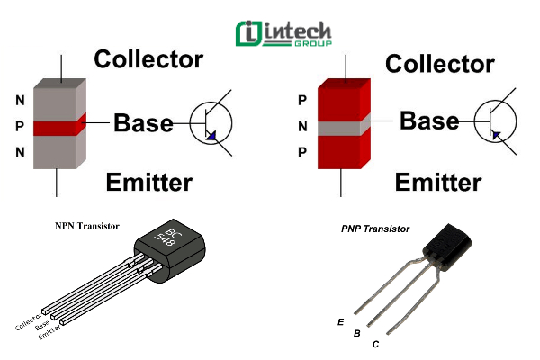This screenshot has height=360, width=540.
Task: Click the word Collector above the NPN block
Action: (148, 60)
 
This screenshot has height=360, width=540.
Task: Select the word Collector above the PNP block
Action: (439, 64)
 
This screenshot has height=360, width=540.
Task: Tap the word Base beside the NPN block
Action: (143, 123)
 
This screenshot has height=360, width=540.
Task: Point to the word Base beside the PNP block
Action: (429, 120)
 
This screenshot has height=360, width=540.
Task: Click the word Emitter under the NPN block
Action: (148, 183)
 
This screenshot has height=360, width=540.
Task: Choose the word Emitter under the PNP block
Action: (439, 183)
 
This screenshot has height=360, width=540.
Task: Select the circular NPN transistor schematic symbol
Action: (211, 123)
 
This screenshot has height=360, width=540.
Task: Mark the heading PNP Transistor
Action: (375, 229)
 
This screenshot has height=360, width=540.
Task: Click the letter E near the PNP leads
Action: (339, 321)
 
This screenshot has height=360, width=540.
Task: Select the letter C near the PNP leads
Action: (375, 345)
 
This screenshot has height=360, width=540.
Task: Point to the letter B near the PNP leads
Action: (357, 333)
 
